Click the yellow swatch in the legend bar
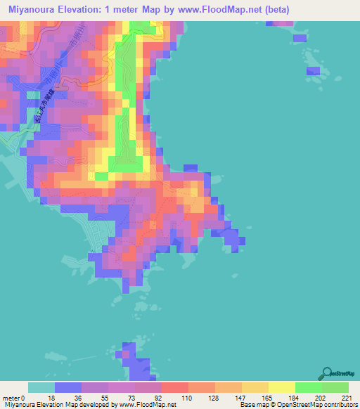282,387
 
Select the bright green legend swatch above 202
309,387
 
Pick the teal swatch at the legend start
41,387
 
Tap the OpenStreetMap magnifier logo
326,373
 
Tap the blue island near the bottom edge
134,362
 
